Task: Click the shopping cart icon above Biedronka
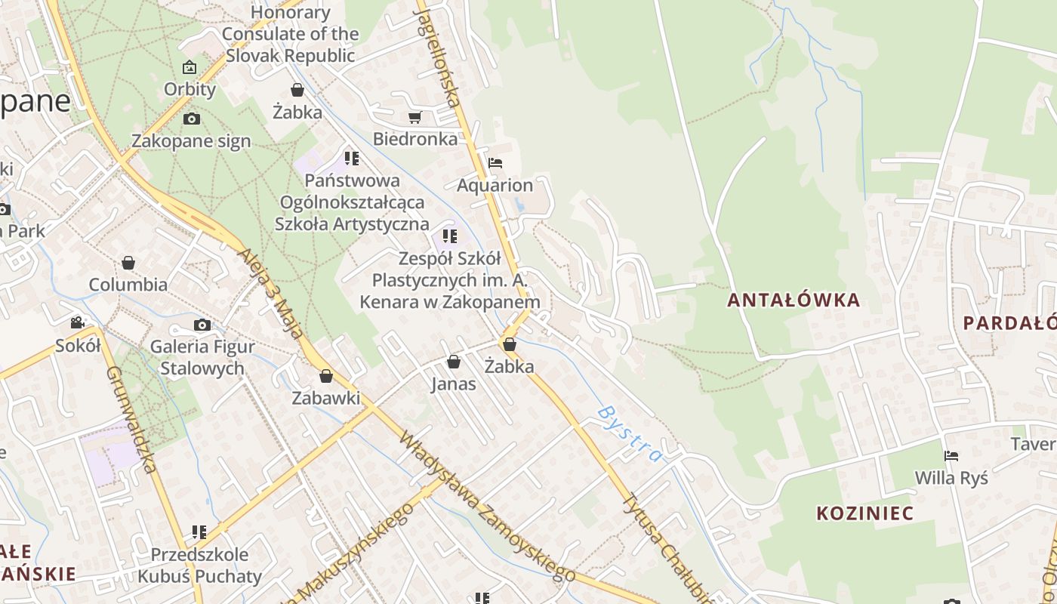[414, 117]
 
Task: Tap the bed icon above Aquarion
[495, 162]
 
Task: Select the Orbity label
[190, 89]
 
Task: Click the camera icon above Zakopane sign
[192, 119]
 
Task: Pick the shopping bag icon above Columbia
[128, 263]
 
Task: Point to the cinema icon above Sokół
[77, 323]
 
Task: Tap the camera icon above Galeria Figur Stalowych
[202, 325]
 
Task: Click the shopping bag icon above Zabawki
[326, 376]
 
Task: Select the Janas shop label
[453, 384]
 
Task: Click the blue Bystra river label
[629, 433]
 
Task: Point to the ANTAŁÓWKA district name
[794, 300]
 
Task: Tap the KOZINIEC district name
[864, 513]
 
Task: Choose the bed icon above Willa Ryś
[951, 456]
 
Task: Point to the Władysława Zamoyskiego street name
[486, 507]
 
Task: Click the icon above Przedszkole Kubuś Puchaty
[199, 532]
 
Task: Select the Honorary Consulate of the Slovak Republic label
[290, 34]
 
